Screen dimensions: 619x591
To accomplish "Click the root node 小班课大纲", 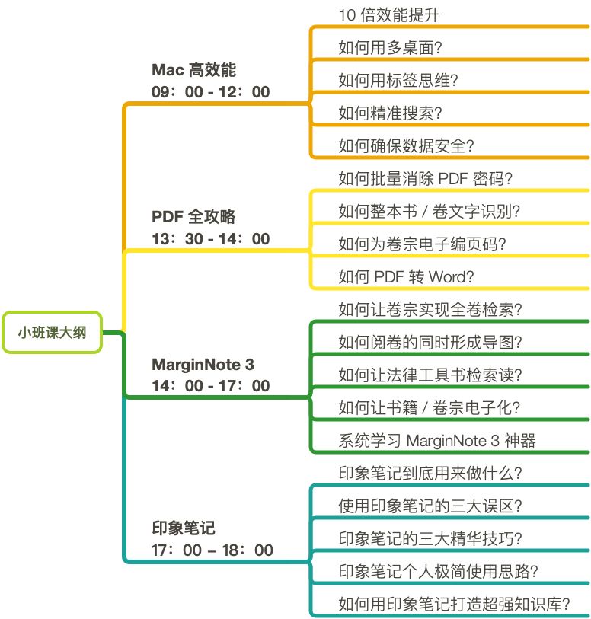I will (x=53, y=332).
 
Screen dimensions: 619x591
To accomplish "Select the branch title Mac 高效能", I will (x=194, y=70).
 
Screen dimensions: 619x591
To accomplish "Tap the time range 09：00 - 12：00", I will (x=211, y=92).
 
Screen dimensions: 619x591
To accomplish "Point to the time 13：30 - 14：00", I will (x=211, y=238).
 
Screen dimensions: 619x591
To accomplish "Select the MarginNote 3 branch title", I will (x=203, y=364).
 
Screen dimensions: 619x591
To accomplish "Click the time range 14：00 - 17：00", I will (x=211, y=386).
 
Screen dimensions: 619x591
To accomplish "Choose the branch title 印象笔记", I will (x=184, y=528).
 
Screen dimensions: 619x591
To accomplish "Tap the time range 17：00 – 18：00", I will (x=212, y=550).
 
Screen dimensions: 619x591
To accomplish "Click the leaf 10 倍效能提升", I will (x=388, y=15).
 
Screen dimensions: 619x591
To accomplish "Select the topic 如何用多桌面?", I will (x=391, y=48).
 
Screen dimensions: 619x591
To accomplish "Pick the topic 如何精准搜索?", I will (x=391, y=113).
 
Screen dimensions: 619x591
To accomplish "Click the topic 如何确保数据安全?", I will (x=407, y=146).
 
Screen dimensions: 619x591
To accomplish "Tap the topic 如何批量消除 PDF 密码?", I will (x=425, y=179).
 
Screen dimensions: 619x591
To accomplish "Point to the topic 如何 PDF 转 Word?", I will (x=406, y=277).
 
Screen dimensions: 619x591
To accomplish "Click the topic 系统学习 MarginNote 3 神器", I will (x=439, y=441).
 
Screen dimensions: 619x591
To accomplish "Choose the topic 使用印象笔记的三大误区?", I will (x=430, y=506).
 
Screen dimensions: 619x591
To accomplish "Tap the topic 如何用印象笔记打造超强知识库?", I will (x=454, y=605).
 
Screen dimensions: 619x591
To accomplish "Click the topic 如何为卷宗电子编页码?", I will (x=423, y=244).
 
